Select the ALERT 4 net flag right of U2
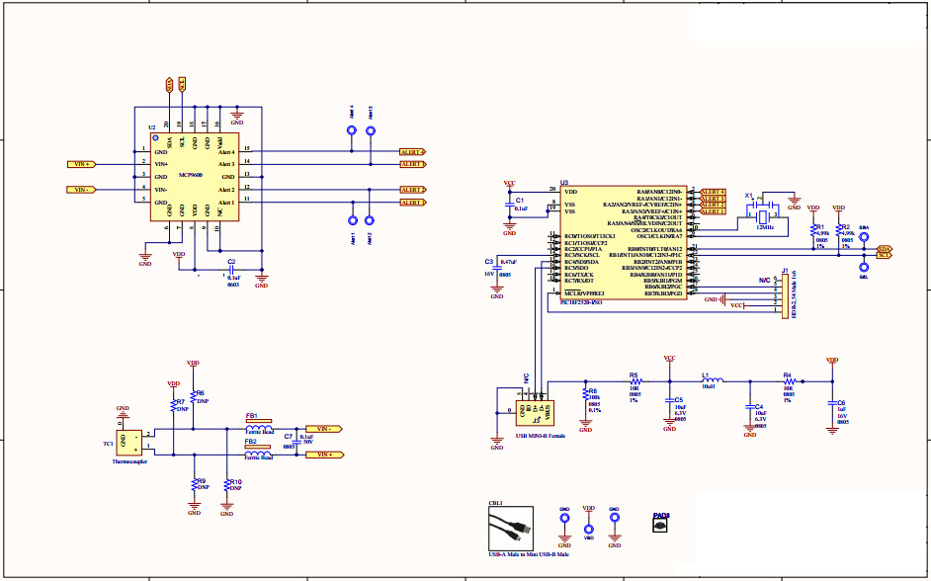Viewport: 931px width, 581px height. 412,152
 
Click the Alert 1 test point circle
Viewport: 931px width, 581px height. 370,222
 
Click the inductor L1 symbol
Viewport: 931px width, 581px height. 712,380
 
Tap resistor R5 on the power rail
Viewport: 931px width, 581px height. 635,380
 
